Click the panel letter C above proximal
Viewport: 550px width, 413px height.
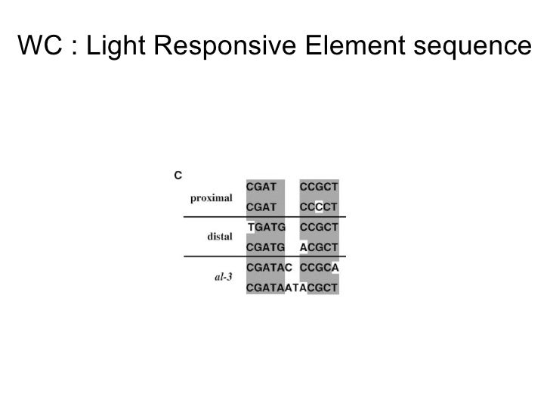click(178, 175)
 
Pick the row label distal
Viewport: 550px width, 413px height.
click(219, 237)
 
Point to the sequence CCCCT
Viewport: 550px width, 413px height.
click(319, 205)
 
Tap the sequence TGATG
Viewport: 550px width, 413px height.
click(267, 226)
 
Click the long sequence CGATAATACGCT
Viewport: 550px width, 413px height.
click(292, 287)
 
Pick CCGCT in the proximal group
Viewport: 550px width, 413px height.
click(319, 185)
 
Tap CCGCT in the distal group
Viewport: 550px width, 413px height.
click(319, 226)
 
